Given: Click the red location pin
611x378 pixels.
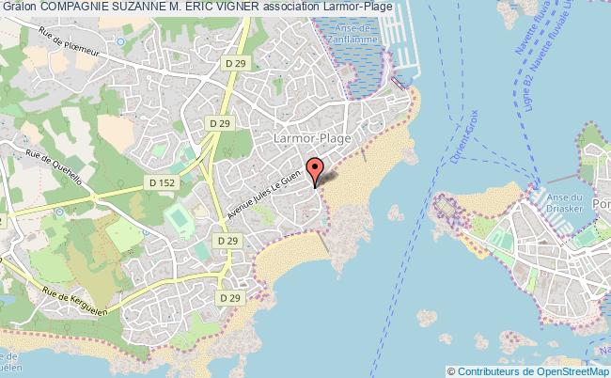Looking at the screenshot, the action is click(x=316, y=170).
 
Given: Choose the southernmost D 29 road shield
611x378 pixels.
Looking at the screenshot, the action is click(x=227, y=297).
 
